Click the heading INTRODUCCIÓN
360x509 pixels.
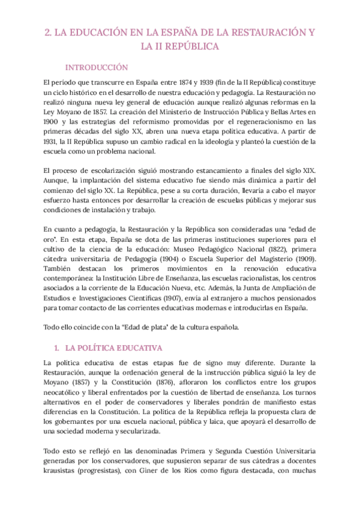pyautogui.click(x=97, y=67)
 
